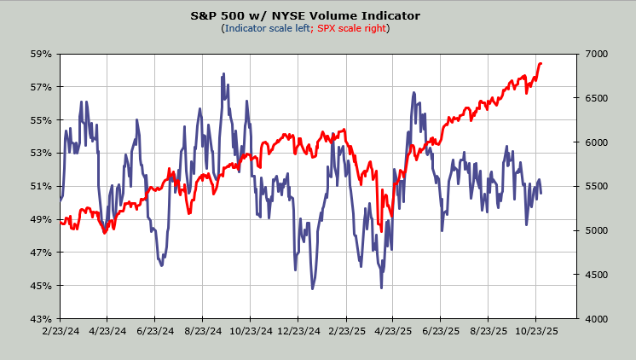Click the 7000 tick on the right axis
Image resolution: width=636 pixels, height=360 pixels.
click(x=595, y=54)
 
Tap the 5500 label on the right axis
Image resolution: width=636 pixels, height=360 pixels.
click(x=595, y=186)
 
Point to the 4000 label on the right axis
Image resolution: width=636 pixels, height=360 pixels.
click(x=595, y=319)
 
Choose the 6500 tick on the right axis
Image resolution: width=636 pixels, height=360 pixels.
click(x=595, y=98)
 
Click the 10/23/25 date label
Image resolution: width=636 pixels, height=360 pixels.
click(x=535, y=332)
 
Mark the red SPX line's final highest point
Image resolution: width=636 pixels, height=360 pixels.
click(x=541, y=63)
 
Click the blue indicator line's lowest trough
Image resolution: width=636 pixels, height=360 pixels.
click(x=313, y=288)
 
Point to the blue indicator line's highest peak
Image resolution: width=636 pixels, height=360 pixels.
click(x=223, y=73)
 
